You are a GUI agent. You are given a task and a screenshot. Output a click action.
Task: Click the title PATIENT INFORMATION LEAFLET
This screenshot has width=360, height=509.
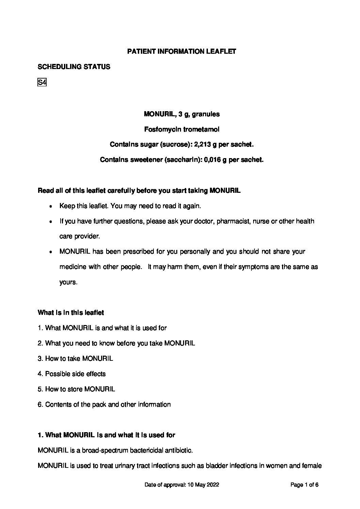[x=181, y=52]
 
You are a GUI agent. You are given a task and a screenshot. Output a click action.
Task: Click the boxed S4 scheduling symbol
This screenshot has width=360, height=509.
[x=42, y=82]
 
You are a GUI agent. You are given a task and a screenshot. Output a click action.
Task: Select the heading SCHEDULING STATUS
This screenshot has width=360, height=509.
[x=74, y=67]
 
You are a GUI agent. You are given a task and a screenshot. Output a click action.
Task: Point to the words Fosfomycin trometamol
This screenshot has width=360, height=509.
[x=182, y=130]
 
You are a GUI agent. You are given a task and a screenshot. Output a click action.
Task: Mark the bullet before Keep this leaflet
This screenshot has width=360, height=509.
[x=51, y=206]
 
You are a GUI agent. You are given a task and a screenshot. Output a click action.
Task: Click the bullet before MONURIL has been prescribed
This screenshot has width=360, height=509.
[x=51, y=252]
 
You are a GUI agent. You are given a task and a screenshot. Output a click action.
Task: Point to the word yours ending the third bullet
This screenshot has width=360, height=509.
[x=68, y=283]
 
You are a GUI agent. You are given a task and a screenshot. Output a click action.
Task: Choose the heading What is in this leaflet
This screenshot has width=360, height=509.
[x=71, y=313]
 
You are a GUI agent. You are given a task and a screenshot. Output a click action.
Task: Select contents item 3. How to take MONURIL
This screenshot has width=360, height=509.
[x=75, y=358]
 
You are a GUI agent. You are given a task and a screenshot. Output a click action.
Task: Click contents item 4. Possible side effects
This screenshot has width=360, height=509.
[x=72, y=374]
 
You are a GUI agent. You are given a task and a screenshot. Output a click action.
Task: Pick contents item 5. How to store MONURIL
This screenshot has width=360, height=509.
[x=76, y=389]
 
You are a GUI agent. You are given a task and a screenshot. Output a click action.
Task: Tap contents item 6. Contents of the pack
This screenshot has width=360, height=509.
[x=104, y=404]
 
